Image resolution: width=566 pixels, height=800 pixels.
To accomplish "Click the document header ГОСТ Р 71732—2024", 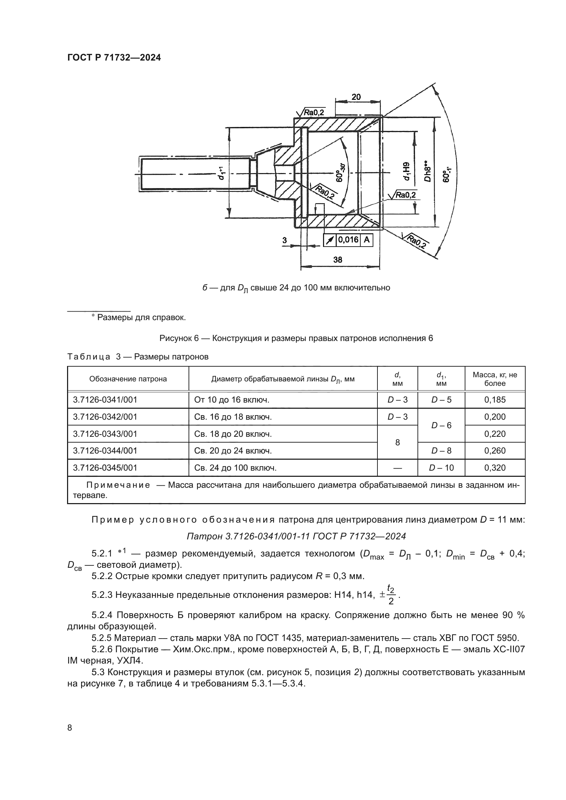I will click(x=114, y=58).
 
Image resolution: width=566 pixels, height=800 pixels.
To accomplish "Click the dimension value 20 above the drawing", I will click(x=356, y=97).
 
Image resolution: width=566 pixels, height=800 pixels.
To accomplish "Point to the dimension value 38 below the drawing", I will click(x=338, y=260).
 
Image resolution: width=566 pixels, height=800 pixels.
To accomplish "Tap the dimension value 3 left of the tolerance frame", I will click(x=284, y=240).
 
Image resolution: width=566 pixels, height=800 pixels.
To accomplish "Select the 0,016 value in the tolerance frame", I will click(x=348, y=240).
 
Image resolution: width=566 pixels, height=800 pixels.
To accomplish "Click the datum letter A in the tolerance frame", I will click(x=366, y=240).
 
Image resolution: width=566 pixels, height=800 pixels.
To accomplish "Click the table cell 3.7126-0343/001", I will click(x=105, y=434).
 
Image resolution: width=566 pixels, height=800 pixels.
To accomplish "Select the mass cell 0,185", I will click(x=494, y=399).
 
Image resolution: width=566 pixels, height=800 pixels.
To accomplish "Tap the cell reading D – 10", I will click(x=441, y=468).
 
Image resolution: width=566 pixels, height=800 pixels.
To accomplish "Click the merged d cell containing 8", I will click(x=397, y=442).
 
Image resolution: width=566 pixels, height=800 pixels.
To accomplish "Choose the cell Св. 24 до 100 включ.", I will click(x=235, y=468).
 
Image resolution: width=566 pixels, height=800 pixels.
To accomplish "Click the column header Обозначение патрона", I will click(x=128, y=379).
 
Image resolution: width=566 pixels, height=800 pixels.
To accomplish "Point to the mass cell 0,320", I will click(x=494, y=468).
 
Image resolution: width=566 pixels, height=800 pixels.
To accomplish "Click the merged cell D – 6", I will click(x=441, y=425).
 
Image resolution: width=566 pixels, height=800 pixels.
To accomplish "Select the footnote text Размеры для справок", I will click(x=141, y=317).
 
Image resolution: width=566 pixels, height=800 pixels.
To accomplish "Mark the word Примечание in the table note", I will click(x=118, y=485).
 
